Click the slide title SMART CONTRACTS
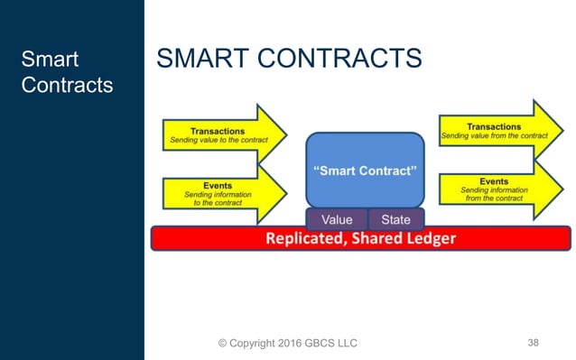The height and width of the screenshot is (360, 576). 289,60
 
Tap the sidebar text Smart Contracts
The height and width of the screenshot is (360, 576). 67,73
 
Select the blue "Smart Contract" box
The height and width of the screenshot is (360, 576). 364,171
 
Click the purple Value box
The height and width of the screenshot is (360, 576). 337,219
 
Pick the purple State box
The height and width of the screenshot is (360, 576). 395,219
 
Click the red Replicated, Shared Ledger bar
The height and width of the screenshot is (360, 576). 360,239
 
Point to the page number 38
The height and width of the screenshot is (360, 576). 533,343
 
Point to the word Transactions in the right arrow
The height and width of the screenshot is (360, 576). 494,126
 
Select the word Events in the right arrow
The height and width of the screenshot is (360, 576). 494,180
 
